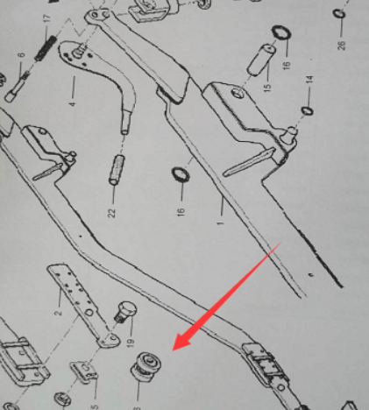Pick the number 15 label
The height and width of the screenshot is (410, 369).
[267, 90]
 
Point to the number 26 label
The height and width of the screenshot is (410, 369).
[342, 45]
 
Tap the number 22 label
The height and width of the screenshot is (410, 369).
[112, 213]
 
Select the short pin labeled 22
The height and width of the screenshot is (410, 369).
[117, 168]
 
